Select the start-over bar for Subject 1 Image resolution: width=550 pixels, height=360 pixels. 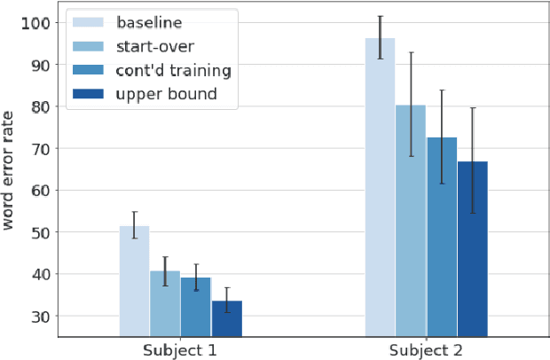(165, 303)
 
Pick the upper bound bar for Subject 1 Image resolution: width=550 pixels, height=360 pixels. (226, 318)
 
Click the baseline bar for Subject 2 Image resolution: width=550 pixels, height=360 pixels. (380, 187)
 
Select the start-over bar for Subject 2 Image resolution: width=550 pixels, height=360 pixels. (411, 221)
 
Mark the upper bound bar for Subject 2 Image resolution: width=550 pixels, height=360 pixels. (472, 249)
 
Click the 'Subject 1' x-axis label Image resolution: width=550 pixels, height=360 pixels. (180, 350)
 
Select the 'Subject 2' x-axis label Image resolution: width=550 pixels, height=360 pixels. (426, 350)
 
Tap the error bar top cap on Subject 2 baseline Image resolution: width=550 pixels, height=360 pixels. (380, 16)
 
